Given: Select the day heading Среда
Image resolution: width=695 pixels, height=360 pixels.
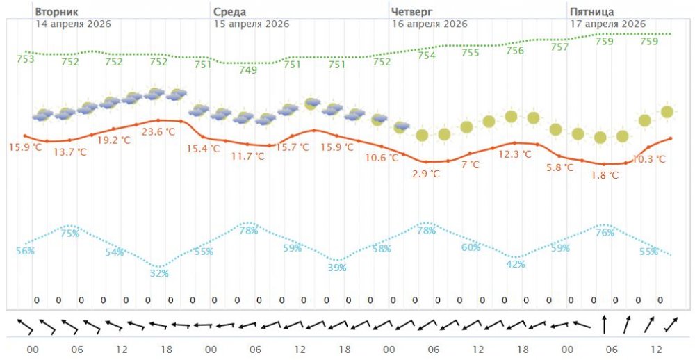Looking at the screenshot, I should tap(229, 12).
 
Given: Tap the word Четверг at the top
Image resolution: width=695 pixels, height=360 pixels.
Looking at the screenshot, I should tap(411, 12).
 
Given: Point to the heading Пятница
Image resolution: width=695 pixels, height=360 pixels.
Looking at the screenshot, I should tap(591, 12).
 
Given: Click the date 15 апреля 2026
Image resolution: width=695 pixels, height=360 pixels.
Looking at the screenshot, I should tap(251, 24).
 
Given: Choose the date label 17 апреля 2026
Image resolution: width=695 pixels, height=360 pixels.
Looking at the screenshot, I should tap(608, 24).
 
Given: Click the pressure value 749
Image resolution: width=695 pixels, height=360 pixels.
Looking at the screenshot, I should tap(248, 70).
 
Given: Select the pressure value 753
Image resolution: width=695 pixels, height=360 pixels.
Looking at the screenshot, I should tap(26, 59).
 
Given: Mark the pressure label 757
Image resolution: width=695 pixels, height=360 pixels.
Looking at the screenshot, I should tap(559, 48).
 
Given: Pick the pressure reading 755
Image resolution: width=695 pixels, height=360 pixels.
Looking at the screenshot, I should tap(471, 53).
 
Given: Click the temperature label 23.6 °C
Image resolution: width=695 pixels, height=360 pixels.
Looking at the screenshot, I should tap(158, 131).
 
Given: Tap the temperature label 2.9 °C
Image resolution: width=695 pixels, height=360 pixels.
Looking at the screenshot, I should tap(426, 174).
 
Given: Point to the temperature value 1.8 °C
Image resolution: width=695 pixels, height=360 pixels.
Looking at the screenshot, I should tap(604, 175).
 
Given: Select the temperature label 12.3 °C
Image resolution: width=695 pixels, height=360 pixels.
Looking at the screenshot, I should tap(515, 154).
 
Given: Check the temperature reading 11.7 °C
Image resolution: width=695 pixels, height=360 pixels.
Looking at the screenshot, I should tap(247, 156).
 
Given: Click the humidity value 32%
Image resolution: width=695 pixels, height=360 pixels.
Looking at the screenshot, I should tap(159, 273).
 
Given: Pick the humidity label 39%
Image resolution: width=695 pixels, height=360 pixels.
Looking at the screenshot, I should tap(337, 268).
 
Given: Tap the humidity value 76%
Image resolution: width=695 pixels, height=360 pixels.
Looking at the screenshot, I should tap(605, 233).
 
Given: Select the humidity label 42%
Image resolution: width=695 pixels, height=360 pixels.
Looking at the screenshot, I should tap(515, 264).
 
